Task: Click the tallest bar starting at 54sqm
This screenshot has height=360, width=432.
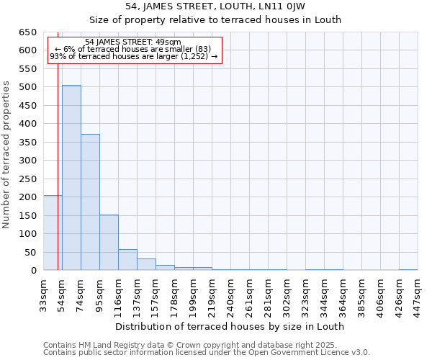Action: pos(71,178)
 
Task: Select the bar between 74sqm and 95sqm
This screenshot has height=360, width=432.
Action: pos(90,202)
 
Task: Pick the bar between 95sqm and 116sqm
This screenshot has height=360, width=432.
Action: pos(109,243)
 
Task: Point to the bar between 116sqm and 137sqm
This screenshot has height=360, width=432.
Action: pos(127,260)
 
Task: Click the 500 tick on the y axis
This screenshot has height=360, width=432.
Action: pos(27,87)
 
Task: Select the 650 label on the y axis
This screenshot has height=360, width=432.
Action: pos(27,32)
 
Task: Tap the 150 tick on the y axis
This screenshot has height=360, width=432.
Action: pos(27,215)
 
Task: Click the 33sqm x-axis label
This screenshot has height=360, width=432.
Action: pos(44,294)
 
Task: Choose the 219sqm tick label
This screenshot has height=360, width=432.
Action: pos(212,294)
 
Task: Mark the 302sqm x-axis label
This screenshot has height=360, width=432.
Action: pos(287,294)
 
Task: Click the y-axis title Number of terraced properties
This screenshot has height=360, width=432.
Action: pos(7,155)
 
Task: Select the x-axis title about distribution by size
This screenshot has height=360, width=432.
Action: pos(230,326)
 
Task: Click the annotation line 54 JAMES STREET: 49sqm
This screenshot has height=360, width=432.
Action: pos(133,42)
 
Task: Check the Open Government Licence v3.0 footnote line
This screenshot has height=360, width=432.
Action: pos(207,353)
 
